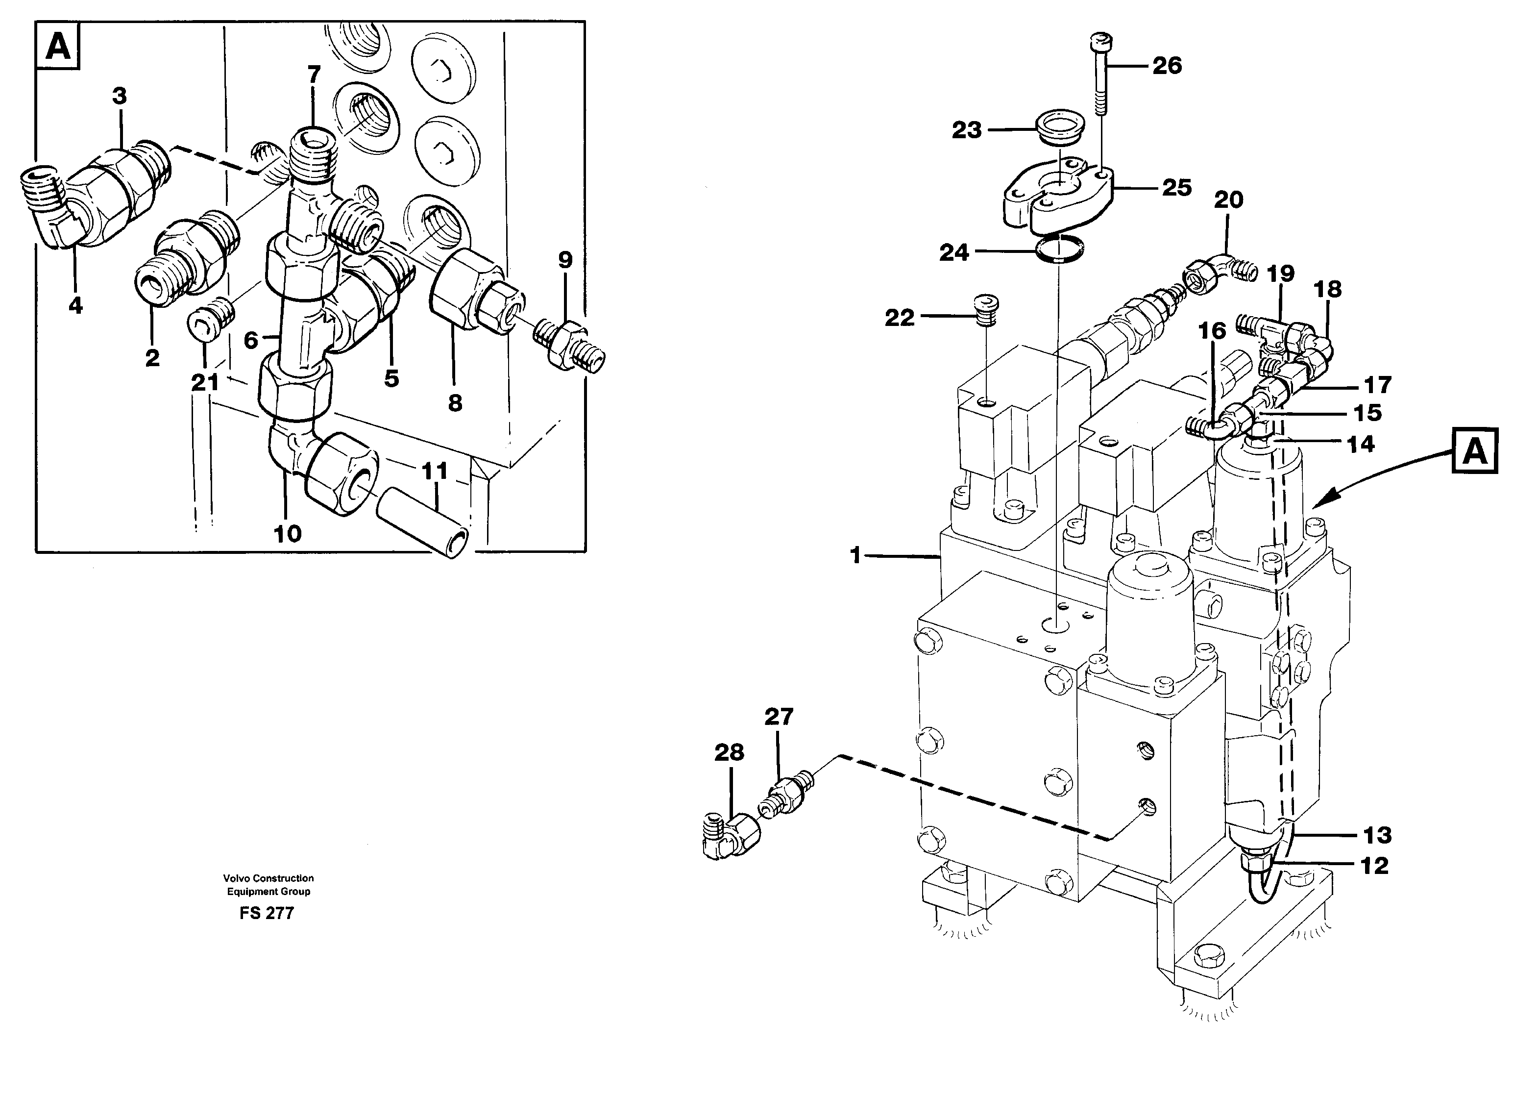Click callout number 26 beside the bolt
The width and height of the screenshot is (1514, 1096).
1167,66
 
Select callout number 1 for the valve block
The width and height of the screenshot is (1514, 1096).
856,555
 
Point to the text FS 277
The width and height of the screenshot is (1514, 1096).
267,914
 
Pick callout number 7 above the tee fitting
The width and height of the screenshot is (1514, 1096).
314,74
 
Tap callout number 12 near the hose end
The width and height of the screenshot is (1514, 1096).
1374,866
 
